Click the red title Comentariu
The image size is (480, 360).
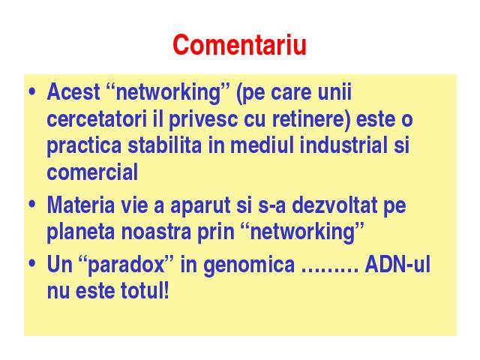239,45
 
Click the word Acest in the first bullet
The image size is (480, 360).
73,91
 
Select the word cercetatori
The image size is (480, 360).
97,118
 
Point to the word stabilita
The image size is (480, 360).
165,145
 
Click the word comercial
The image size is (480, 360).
92,172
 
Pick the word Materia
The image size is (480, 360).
81,205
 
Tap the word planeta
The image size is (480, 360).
81,232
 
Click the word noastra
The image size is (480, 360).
156,231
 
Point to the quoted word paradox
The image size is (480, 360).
126,265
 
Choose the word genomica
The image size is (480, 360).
248,265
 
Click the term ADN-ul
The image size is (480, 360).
397,264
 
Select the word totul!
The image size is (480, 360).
145,290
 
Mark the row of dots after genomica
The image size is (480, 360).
330,271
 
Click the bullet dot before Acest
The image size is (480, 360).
31,91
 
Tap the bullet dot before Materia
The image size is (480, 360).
31,205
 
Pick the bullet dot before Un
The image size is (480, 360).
31,264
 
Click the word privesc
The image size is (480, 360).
203,120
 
